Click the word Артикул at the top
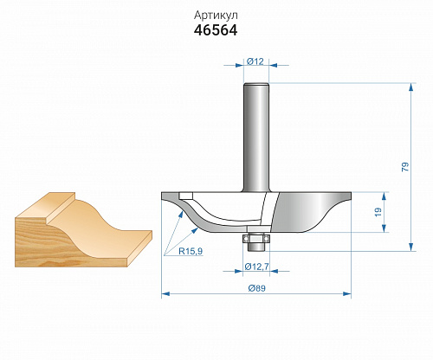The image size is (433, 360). click(x=216, y=16)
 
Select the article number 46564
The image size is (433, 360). click(x=216, y=30)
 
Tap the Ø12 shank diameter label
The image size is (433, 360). click(x=255, y=61)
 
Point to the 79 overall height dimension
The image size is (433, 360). click(x=405, y=167)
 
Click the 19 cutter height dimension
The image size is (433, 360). click(x=378, y=212)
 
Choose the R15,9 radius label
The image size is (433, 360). click(x=191, y=251)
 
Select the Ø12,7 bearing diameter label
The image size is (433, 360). click(x=256, y=267)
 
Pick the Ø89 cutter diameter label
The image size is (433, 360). click(x=257, y=288)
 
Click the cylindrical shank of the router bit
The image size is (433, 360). click(x=256, y=138)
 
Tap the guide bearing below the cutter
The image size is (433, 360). click(x=256, y=239)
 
